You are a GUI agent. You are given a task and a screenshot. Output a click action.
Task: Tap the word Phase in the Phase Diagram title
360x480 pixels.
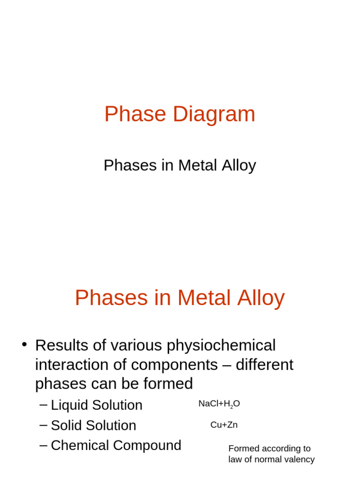tap(135, 114)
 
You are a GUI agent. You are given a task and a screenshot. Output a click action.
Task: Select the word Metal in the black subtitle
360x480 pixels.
tap(197, 165)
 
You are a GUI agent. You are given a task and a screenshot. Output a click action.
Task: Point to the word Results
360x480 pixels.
tap(61, 345)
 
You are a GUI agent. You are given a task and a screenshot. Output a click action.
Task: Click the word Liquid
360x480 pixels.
tap(70, 405)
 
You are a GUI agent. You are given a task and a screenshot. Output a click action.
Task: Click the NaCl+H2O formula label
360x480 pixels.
tap(219, 404)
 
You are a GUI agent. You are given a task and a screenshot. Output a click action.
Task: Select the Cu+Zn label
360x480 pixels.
tap(224, 425)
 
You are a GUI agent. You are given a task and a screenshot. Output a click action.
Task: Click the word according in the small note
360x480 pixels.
tap(280, 449)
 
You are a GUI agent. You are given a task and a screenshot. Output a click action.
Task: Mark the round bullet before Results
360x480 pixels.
tap(24, 345)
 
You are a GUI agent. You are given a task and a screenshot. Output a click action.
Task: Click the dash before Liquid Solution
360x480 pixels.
tap(44, 404)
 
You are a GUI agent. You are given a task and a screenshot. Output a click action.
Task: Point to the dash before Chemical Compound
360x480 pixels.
tap(44, 444)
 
